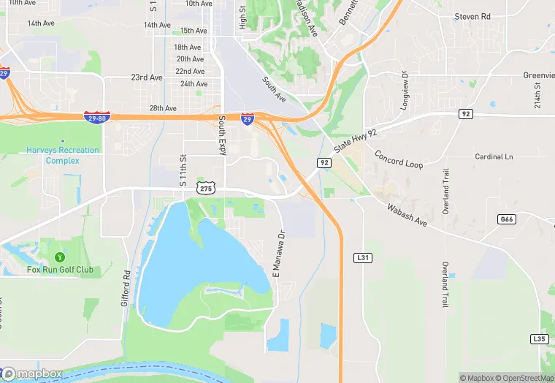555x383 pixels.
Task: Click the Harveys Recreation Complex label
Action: [63, 155]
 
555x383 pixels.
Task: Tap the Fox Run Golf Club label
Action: [61, 270]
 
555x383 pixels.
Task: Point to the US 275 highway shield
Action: [206, 189]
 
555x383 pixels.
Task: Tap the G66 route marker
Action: [506, 219]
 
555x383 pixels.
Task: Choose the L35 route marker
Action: [539, 339]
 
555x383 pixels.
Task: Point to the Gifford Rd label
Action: [126, 288]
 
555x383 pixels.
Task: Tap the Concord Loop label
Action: [399, 159]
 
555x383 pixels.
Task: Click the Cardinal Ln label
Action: [494, 157]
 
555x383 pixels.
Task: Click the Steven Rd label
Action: [472, 17]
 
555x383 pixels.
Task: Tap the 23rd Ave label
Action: [147, 77]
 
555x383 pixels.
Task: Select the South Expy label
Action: [221, 134]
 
